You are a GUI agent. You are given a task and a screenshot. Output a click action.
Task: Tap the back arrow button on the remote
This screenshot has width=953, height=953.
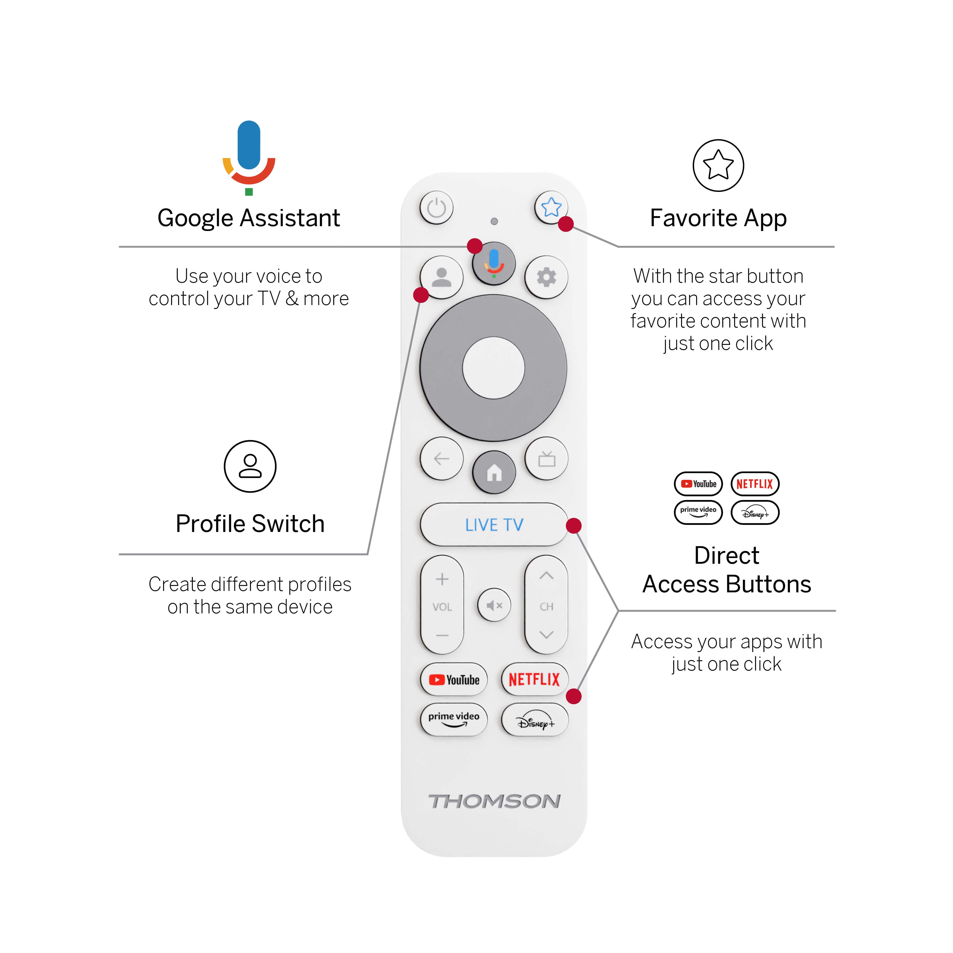tap(441, 459)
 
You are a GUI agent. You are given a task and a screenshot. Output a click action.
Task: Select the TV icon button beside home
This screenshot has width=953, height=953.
tap(546, 459)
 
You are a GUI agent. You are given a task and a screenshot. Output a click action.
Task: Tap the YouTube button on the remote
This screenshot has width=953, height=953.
tap(454, 680)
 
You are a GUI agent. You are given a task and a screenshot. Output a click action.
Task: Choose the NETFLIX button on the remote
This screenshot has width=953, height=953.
tap(534, 680)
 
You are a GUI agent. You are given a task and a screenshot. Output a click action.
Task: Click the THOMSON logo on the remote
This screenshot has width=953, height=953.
tap(494, 801)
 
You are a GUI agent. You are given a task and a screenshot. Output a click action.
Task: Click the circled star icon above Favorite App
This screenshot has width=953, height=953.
tap(718, 165)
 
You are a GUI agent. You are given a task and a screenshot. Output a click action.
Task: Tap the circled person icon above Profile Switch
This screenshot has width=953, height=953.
tap(250, 466)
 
